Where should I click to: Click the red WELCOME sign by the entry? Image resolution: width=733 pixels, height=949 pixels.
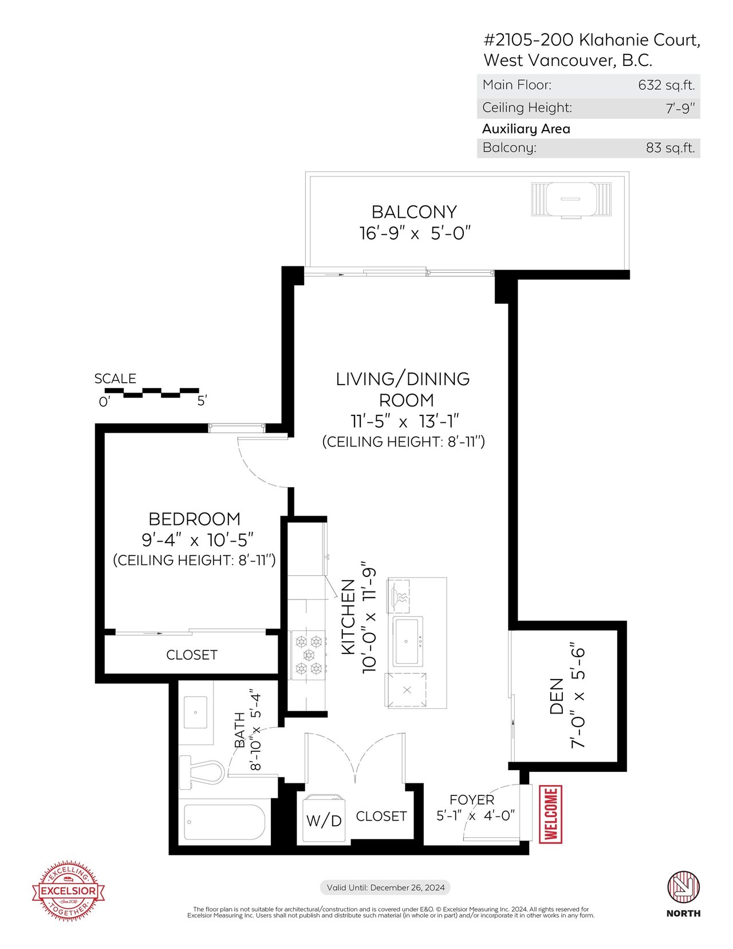tap(551, 814)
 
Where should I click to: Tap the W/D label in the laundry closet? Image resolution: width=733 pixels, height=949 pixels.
tap(324, 821)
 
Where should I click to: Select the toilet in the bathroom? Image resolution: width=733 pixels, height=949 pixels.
tap(202, 772)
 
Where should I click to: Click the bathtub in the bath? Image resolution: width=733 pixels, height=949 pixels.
tap(224, 822)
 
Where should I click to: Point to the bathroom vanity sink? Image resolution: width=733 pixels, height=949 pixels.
tap(195, 712)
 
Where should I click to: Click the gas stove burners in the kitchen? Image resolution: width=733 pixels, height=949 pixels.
tap(309, 655)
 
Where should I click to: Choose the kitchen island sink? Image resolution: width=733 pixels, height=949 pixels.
tap(408, 641)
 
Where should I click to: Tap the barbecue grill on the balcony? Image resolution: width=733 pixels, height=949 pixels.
tap(571, 199)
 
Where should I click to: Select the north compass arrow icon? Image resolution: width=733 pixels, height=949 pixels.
tap(683, 888)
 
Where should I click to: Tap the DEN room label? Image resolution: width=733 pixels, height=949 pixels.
tap(556, 703)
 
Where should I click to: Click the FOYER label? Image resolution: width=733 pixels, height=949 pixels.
tap(472, 799)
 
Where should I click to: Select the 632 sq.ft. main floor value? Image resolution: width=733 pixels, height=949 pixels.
tap(666, 85)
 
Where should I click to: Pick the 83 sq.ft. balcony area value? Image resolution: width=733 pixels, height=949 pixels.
tap(670, 148)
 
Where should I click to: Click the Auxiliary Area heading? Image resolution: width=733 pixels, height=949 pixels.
tap(526, 129)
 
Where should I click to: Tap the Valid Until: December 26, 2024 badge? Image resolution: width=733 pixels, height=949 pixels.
tap(386, 888)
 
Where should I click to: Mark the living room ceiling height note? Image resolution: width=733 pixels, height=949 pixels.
tap(404, 441)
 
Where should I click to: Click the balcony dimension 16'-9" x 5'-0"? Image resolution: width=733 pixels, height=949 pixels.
tap(415, 233)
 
